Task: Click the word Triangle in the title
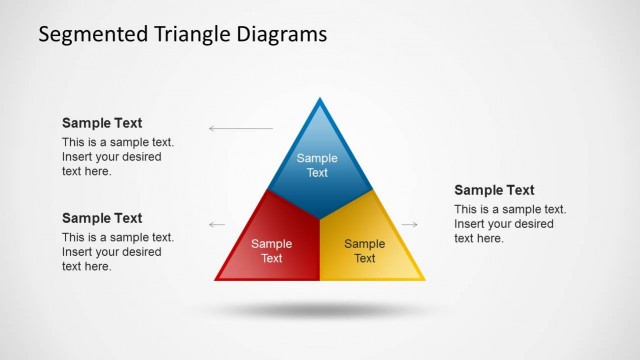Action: point(186,34)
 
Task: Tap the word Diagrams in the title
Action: point(279,34)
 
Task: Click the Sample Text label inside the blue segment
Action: point(317,165)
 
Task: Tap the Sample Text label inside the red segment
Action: point(271,251)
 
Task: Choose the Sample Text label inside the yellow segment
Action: point(364,251)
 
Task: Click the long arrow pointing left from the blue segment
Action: point(240,129)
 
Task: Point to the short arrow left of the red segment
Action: point(217,225)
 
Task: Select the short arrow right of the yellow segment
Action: point(409,225)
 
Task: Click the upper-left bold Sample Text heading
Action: point(102,123)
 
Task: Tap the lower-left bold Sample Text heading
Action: point(102,218)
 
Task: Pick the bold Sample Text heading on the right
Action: point(494,190)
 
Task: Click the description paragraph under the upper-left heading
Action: point(118,157)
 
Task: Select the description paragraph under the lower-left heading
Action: point(118,252)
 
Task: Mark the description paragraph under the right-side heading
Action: point(510,224)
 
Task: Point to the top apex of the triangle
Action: point(320,101)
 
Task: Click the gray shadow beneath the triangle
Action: point(320,310)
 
